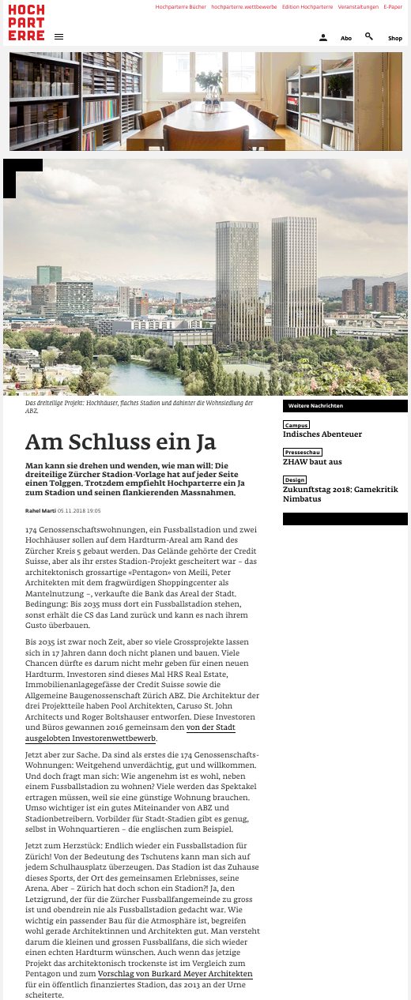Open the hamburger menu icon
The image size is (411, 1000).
click(59, 37)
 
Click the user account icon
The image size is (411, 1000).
click(323, 37)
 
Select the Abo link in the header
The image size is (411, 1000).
click(346, 38)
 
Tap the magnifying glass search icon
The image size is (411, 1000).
click(369, 36)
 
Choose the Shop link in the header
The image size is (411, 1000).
click(395, 38)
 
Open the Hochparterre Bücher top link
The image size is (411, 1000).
click(180, 6)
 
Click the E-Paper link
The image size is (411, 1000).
click(393, 6)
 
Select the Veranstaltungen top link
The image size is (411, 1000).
click(358, 6)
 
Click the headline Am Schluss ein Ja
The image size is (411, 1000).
click(121, 442)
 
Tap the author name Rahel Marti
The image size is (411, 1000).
click(40, 511)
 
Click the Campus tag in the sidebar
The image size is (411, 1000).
click(296, 425)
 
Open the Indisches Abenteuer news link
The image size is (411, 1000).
click(322, 434)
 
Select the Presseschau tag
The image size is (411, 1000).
click(303, 453)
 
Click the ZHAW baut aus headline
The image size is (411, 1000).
click(312, 462)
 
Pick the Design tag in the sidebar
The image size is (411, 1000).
click(295, 480)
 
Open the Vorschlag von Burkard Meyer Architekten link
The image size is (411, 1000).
click(175, 975)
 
